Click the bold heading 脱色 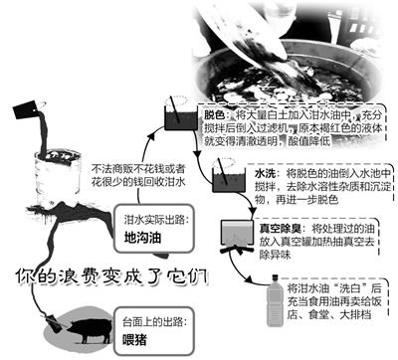218,115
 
